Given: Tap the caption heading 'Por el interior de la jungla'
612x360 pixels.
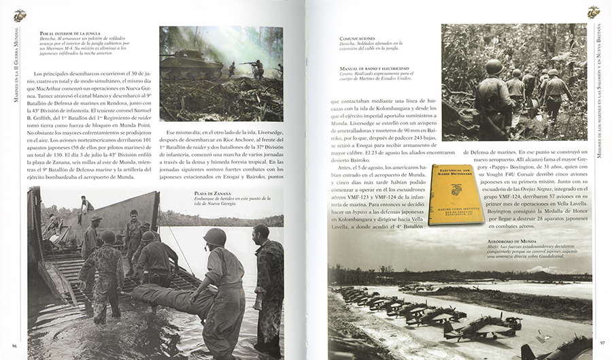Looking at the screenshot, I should [x=71, y=33].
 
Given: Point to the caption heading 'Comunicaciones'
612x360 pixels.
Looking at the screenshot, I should [x=357, y=38].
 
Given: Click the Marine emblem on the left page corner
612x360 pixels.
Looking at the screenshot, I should [x=19, y=14].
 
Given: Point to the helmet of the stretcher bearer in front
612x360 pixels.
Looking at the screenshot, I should [x=215, y=236].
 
